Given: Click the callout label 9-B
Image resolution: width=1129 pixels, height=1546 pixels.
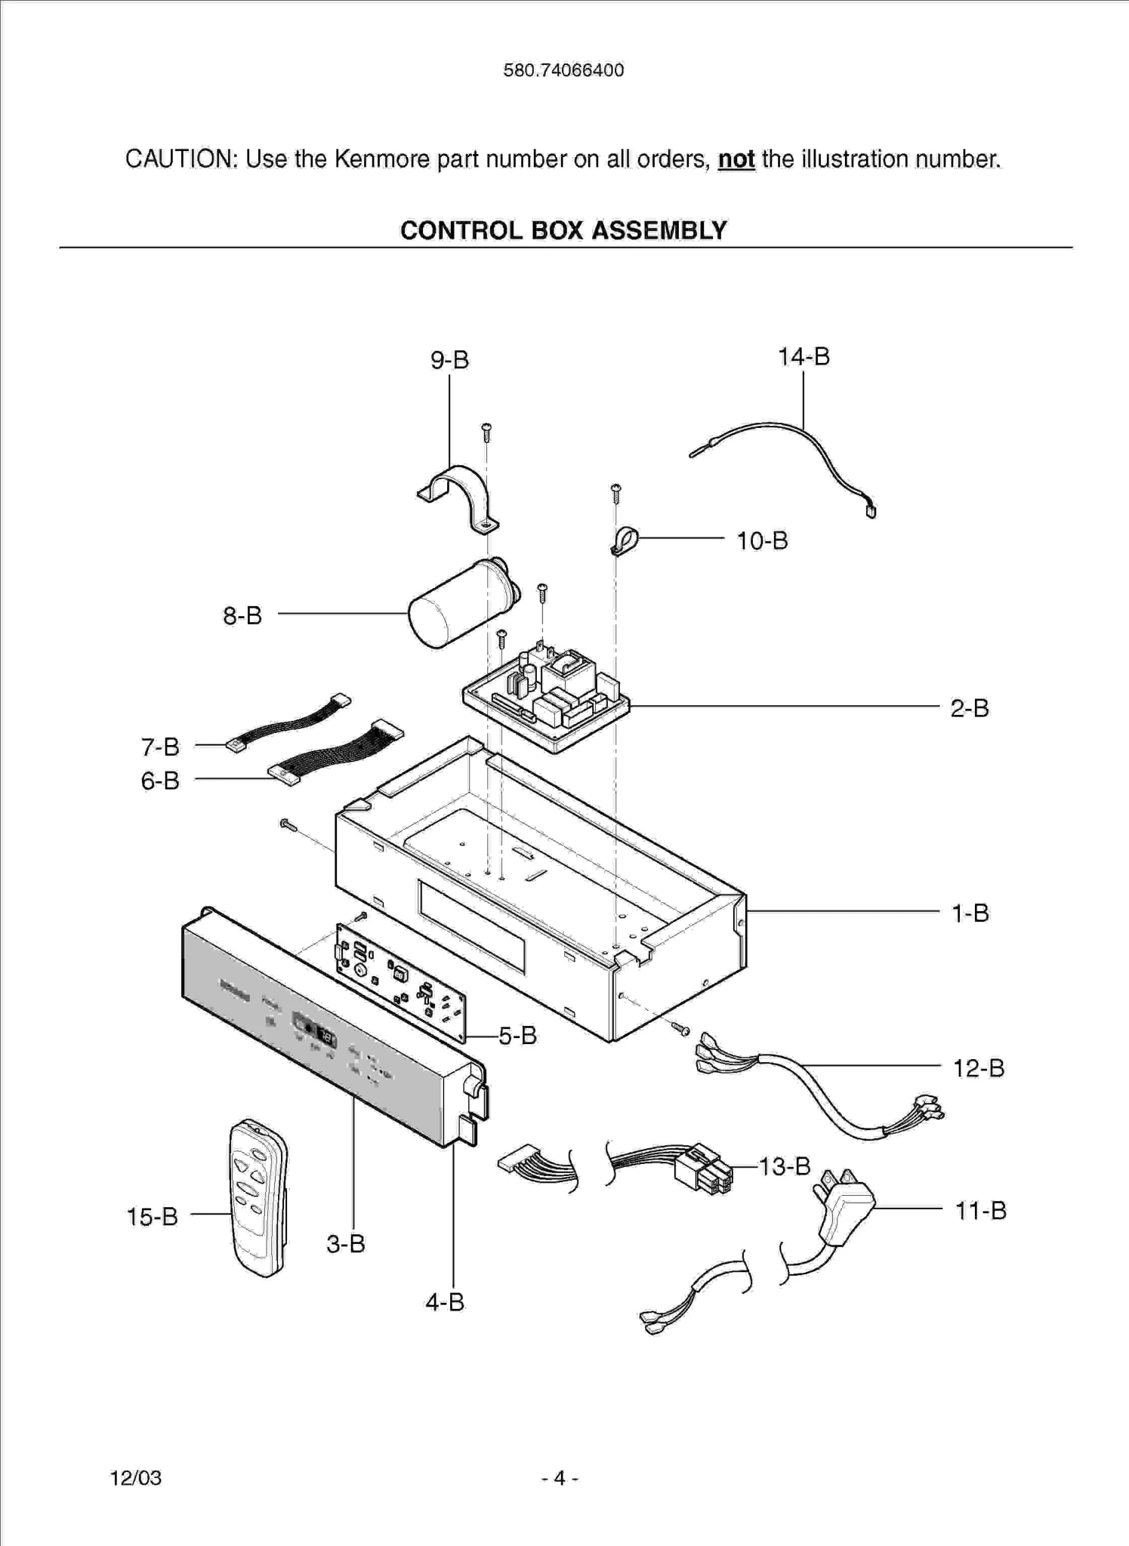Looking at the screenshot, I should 449,360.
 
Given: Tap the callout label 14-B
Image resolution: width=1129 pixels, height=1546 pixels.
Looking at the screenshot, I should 804,356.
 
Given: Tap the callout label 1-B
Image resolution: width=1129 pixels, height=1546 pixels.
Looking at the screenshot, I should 970,913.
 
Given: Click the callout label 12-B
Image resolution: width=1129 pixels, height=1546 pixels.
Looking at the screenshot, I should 978,1068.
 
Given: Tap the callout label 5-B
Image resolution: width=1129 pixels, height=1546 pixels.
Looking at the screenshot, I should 517,1036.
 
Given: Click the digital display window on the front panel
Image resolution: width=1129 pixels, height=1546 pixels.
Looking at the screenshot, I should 316,1029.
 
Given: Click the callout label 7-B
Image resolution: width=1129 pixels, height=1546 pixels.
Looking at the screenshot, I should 160,747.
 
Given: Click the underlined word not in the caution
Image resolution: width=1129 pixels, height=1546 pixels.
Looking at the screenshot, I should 736,159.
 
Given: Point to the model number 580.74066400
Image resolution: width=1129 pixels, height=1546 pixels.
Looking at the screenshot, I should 563,71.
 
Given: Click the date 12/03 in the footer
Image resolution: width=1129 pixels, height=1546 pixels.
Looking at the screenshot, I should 136,1478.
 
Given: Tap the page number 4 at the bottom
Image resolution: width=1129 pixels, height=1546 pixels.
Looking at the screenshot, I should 560,1478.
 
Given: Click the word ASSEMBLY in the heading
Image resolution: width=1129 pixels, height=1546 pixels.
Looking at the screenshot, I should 659,230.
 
